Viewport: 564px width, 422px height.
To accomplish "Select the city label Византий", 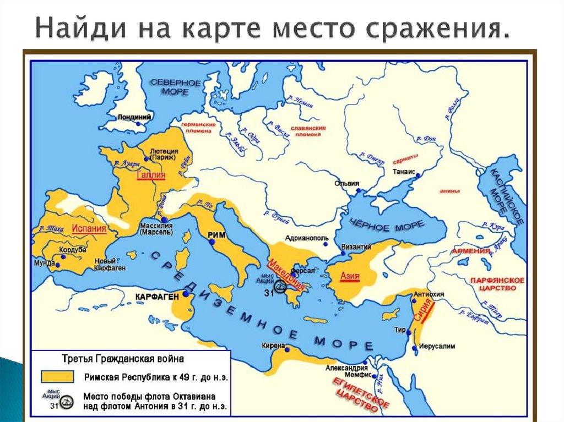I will pyautogui.click(x=356, y=246).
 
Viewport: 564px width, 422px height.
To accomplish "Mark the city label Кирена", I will pyautogui.click(x=273, y=346).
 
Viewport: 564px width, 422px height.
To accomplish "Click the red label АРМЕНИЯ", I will pyautogui.click(x=470, y=251).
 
